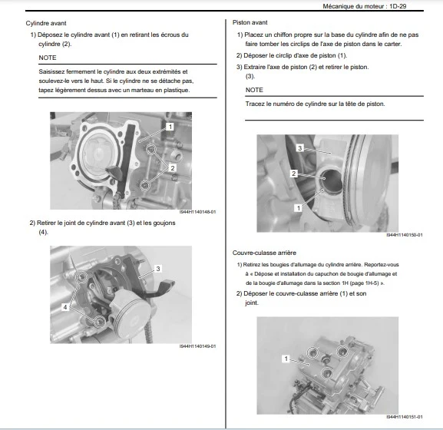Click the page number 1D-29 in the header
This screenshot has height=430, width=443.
tap(398, 6)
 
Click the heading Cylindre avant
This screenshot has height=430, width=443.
tap(46, 23)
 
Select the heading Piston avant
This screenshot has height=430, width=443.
tap(250, 22)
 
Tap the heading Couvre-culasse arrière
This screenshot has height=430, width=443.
tap(264, 253)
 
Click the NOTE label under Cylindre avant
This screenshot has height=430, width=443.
tap(48, 58)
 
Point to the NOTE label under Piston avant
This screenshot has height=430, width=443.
tap(254, 90)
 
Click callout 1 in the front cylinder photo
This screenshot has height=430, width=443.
tap(170, 127)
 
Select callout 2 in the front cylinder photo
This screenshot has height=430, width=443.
tap(172, 168)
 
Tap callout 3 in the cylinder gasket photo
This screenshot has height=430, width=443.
tap(158, 269)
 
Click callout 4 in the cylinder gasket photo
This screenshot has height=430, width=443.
tap(65, 307)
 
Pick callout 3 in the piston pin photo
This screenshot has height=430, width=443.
tap(299, 147)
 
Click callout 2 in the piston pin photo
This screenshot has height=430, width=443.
tap(294, 174)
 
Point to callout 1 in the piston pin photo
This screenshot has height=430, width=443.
tap(299, 208)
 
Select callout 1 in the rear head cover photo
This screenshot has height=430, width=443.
tap(286, 359)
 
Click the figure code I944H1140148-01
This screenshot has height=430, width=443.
tap(198, 212)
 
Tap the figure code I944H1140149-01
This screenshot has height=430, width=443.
tap(198, 346)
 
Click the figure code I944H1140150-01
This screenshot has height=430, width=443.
tap(405, 235)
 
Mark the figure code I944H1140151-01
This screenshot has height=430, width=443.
tap(405, 417)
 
